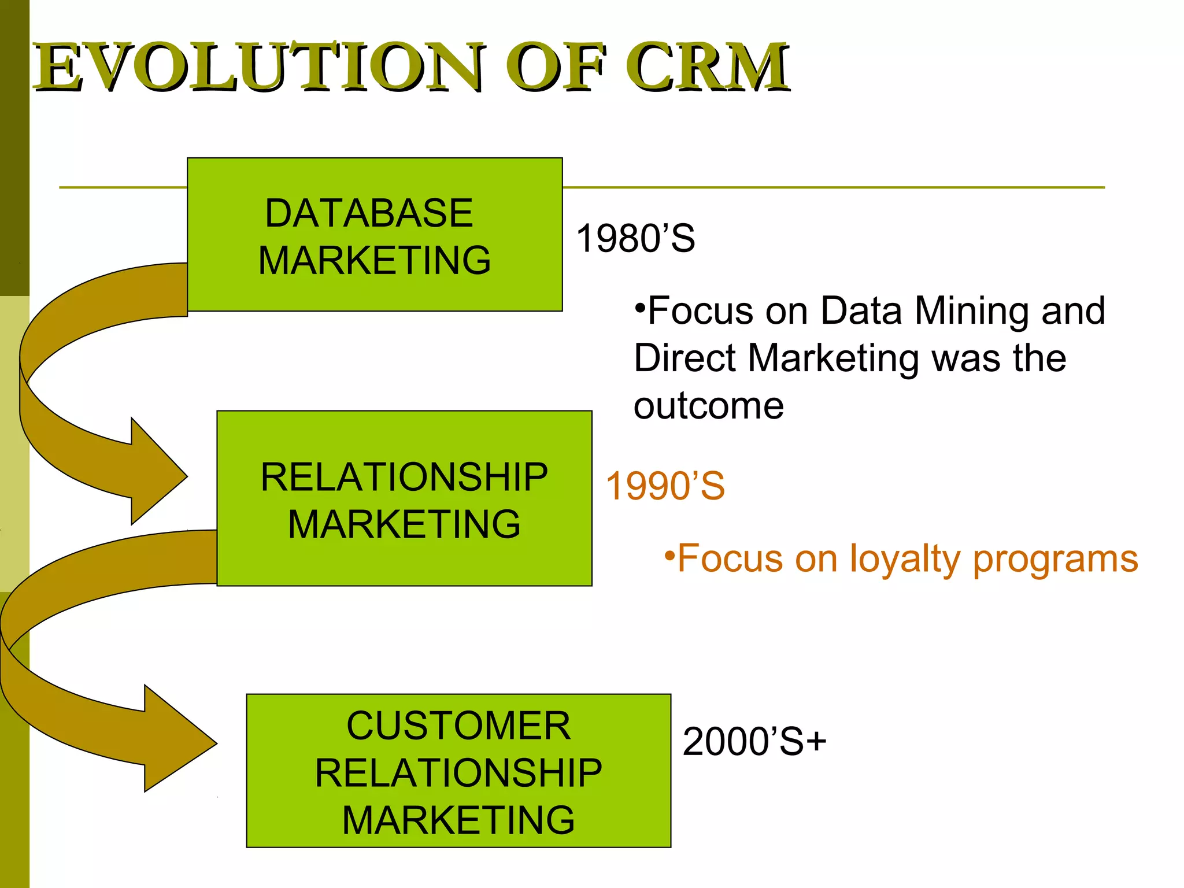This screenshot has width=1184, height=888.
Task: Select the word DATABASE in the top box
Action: point(369,213)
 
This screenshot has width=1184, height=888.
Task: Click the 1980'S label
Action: point(635,238)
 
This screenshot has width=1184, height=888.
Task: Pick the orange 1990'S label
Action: point(665,486)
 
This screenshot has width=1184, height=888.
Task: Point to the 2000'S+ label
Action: point(754,742)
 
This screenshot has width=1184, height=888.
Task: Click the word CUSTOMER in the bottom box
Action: point(458,726)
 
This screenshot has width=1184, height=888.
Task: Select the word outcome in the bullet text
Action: point(709,406)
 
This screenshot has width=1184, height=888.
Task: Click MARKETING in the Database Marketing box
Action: point(375,260)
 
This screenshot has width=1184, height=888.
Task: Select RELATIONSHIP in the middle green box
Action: point(404,478)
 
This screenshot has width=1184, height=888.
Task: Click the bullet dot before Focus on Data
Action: point(639,306)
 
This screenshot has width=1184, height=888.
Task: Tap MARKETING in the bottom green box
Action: point(458,820)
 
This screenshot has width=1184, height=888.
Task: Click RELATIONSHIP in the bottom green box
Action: point(458,773)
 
